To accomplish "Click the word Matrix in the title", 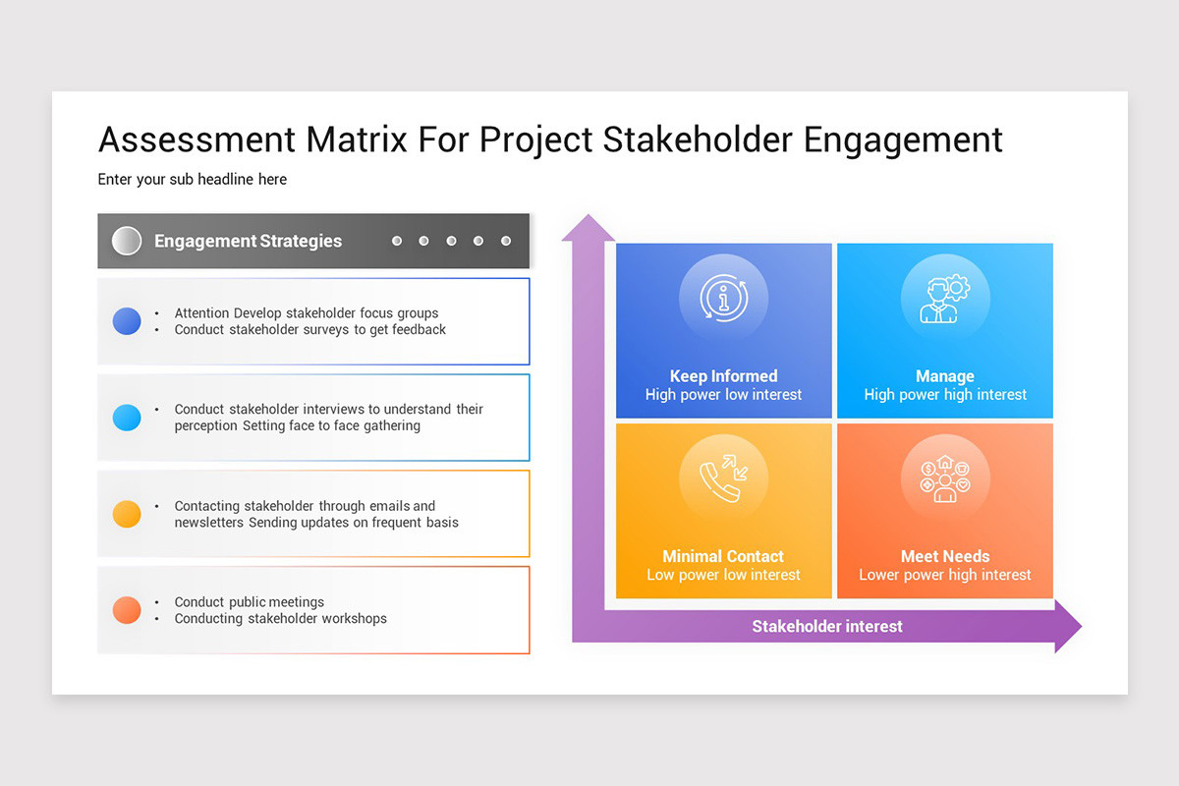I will [357, 140].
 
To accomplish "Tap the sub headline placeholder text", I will [193, 180].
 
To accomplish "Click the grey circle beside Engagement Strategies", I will [127, 241].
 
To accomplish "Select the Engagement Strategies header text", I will [248, 241].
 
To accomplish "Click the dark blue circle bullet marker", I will [127, 321].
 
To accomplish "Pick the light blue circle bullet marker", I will [127, 418].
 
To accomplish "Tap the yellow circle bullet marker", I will [127, 514].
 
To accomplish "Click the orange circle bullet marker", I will [127, 610].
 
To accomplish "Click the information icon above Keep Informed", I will [723, 299].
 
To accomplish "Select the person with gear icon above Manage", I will [944, 299].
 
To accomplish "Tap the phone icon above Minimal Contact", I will [723, 478].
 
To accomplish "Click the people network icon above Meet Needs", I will [944, 478].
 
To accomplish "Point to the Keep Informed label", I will [723, 376].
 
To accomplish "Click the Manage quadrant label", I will [944, 376].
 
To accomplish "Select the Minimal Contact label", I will [723, 556].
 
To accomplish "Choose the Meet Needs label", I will [944, 556].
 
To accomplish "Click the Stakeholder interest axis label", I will [826, 626].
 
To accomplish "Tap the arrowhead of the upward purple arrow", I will [588, 228].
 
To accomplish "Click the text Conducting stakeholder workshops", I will [280, 619].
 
